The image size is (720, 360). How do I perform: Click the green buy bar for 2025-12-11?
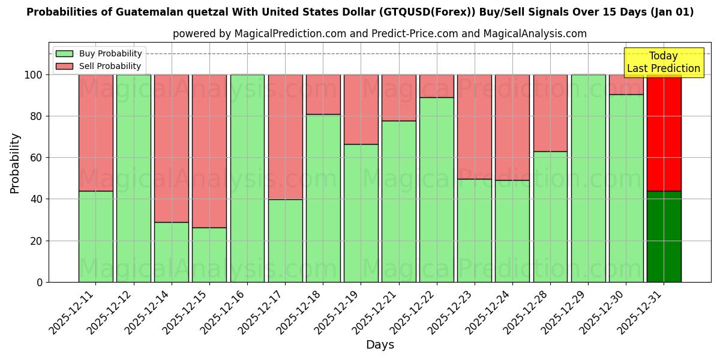coord(95,236)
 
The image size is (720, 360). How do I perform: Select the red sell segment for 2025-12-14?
coord(172,148)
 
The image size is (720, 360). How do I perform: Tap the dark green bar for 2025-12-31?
coord(664,236)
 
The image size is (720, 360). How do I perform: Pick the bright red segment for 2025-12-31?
coord(664,133)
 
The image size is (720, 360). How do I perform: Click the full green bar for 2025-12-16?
coord(247,178)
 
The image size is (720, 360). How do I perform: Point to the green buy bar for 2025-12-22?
coord(437,190)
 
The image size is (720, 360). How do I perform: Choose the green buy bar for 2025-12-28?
coord(550,217)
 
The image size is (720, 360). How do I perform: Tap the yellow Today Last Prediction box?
coord(663,62)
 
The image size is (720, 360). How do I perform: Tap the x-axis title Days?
coord(380,345)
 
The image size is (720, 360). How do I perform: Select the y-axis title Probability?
coord(15,163)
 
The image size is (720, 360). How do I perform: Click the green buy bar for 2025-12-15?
coord(209,254)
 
